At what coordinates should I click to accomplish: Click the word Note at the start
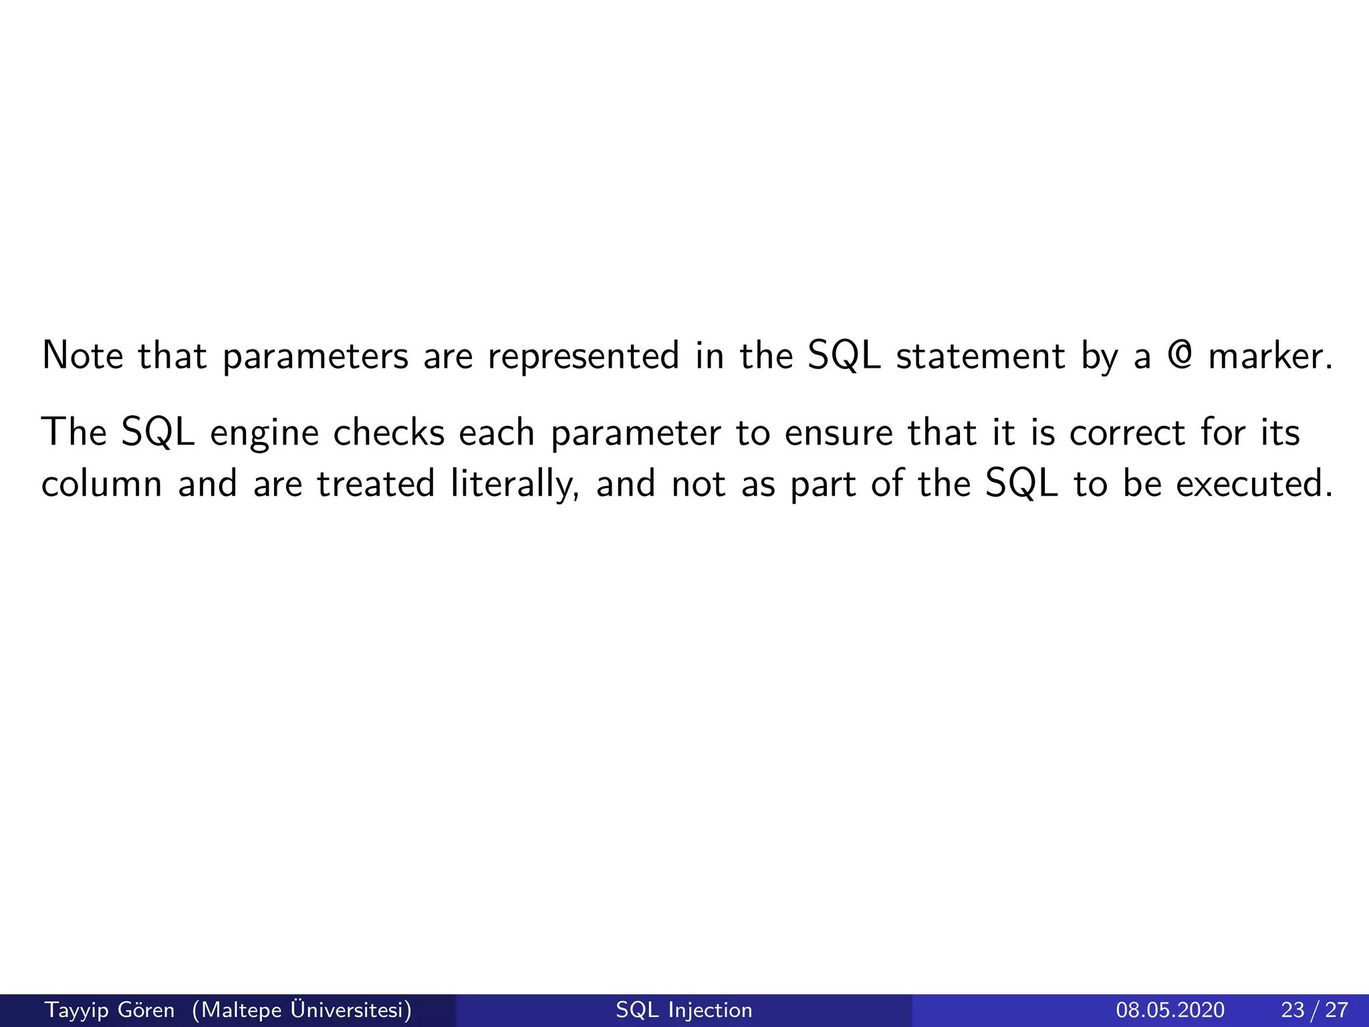pos(82,356)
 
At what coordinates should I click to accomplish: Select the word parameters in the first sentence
pos(315,357)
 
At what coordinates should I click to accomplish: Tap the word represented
pos(583,357)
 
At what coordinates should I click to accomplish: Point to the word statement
pos(980,356)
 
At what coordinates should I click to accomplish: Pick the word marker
pos(1271,356)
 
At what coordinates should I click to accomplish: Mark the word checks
pos(388,433)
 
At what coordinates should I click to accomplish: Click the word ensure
pos(838,433)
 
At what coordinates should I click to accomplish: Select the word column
pos(102,483)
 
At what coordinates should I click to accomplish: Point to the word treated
pos(376,483)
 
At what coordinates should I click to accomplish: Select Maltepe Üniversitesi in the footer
pos(301,1010)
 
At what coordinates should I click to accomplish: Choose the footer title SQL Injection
pos(684,1010)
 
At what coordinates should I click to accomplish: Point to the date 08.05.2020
pos(1170,1010)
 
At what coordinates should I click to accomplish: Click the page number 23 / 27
pos(1314,1010)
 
